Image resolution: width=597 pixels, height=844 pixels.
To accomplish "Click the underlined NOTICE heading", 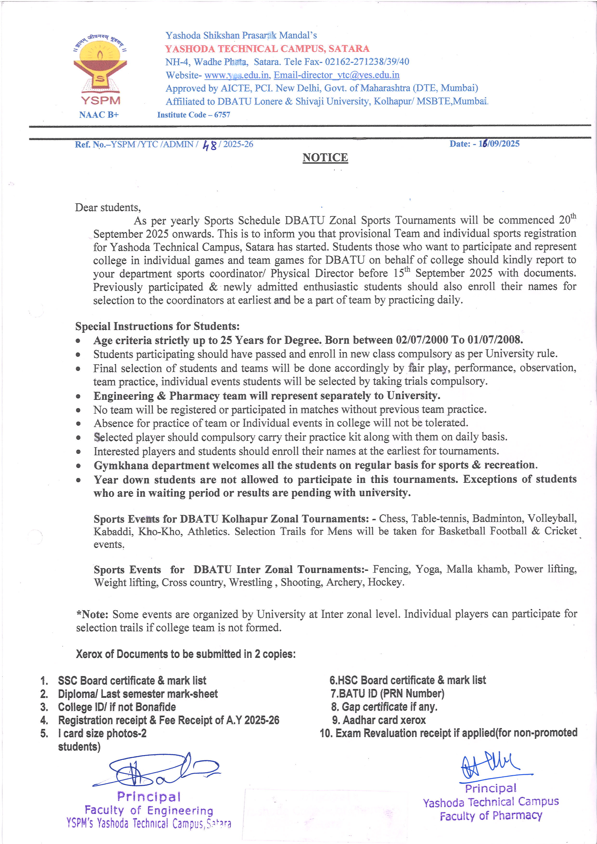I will (x=325, y=158).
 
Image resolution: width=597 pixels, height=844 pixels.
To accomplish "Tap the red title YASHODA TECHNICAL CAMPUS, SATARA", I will (x=267, y=49).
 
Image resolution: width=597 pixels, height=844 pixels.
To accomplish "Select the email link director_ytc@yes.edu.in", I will (x=336, y=75).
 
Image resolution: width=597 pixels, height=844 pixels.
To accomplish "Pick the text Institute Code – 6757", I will (x=194, y=115).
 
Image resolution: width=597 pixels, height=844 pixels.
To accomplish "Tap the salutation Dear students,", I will (x=108, y=208).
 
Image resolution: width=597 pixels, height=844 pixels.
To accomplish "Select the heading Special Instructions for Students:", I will (x=157, y=326).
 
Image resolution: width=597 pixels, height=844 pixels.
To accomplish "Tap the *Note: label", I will (x=92, y=614).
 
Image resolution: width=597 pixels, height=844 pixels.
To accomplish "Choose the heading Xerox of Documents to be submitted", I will (x=186, y=654).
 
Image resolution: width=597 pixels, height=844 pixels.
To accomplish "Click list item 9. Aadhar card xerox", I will (x=379, y=720).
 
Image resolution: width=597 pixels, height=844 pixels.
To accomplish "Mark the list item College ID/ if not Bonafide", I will (x=117, y=707).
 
